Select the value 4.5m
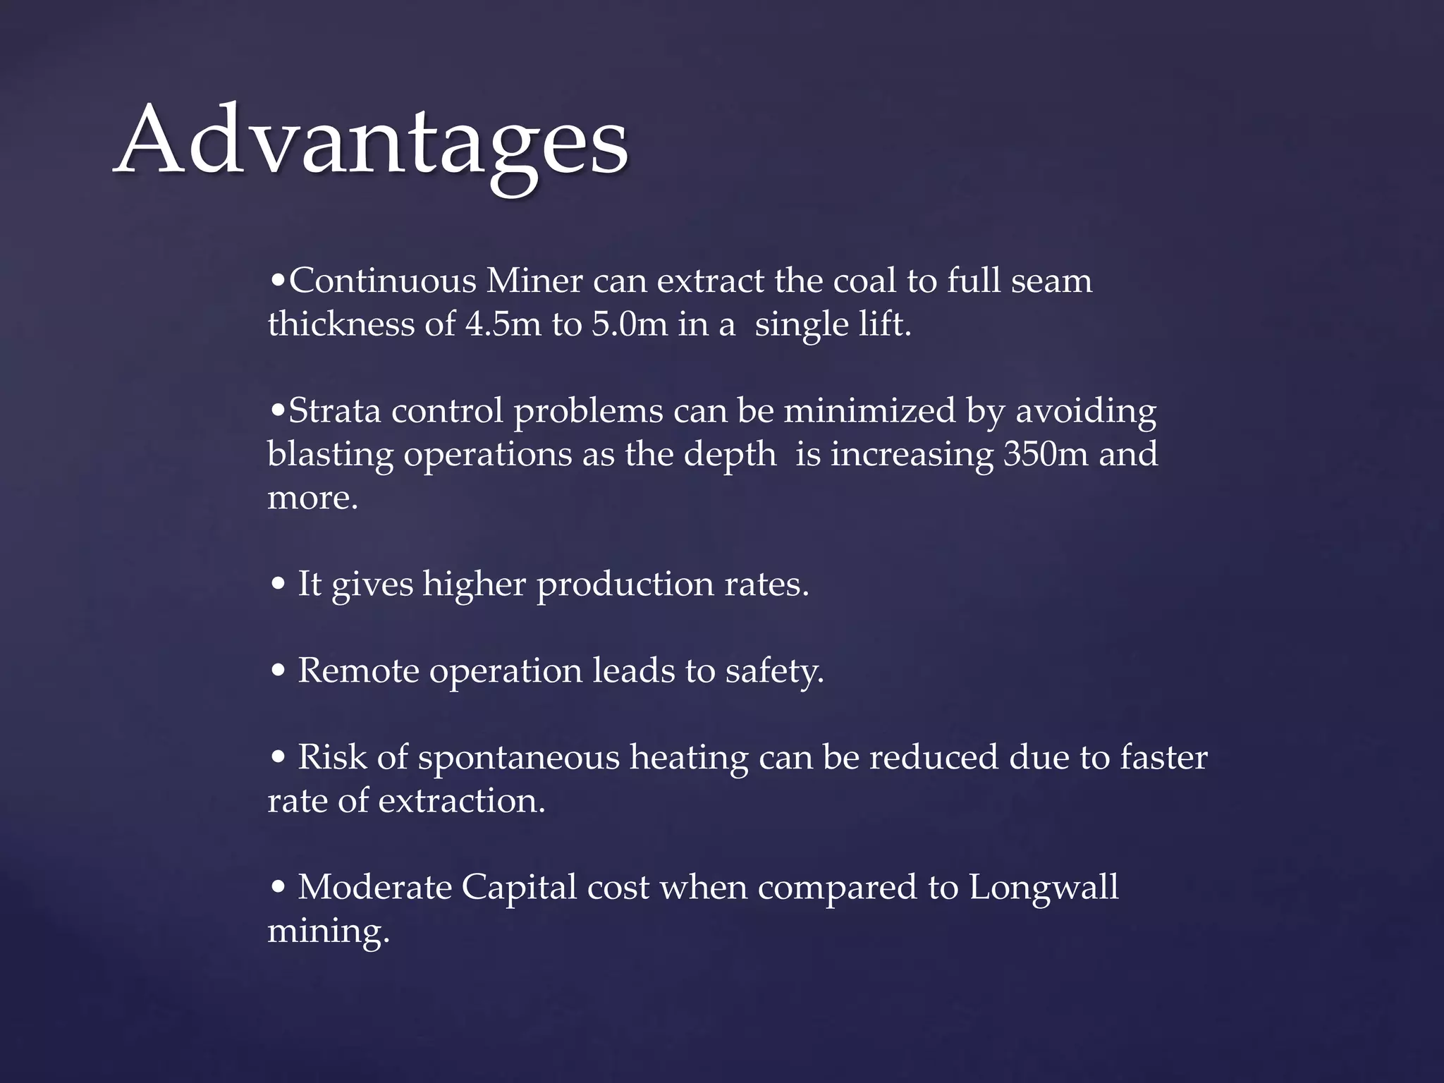(503, 324)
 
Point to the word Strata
(335, 410)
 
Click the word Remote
(358, 670)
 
